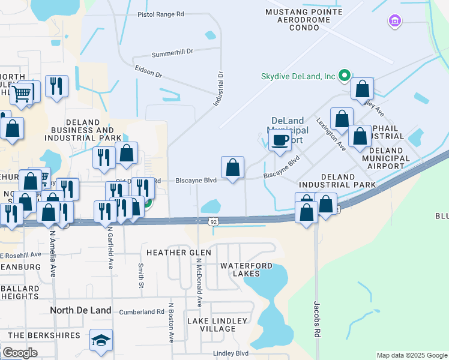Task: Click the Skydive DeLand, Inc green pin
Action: pos(344,76)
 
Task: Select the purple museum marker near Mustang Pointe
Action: pos(394,22)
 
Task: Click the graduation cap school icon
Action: pos(101,340)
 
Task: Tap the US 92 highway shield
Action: pos(214,222)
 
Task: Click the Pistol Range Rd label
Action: pos(161,14)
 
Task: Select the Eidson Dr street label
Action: pos(148,73)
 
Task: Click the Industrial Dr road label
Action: pos(219,90)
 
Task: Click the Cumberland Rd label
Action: pos(142,312)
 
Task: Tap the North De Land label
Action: pos(80,310)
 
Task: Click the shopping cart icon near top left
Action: pos(22,92)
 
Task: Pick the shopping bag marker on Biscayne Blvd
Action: pos(232,167)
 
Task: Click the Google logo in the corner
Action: pos(20,353)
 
